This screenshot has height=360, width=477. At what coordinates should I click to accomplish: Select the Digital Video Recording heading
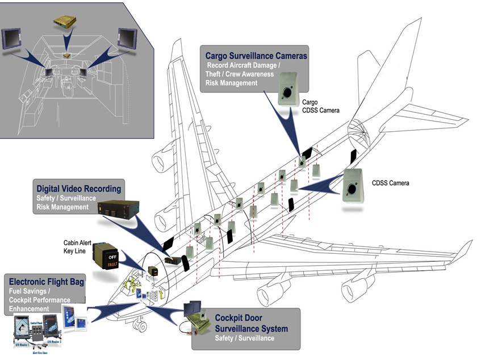(x=79, y=188)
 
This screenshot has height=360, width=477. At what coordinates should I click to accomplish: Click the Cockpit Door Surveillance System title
(x=251, y=323)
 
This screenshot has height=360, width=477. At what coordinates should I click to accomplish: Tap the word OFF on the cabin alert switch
(x=112, y=256)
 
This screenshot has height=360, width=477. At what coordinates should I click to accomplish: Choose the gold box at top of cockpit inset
(x=65, y=22)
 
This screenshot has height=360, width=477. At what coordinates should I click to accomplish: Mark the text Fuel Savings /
(x=31, y=291)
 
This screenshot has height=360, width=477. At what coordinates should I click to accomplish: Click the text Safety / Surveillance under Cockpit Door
(x=245, y=338)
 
